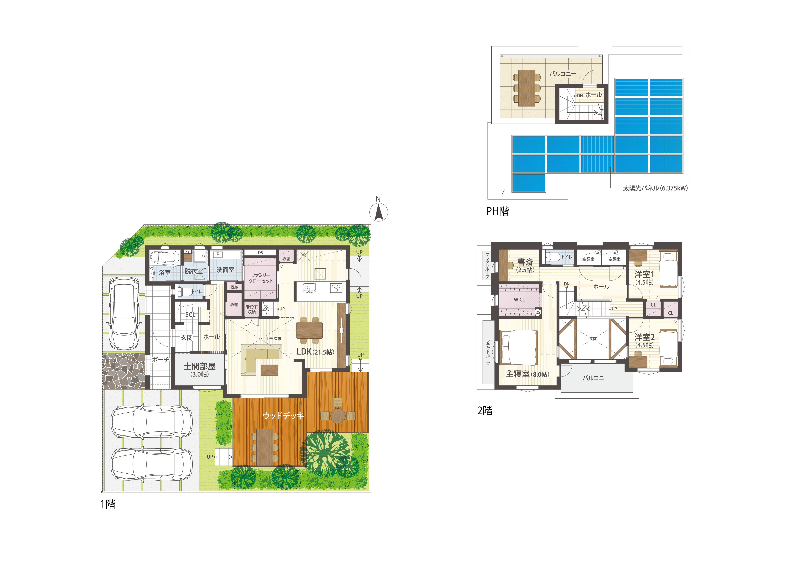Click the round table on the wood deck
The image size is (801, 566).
coord(338,415)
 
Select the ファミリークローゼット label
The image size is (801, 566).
coord(261,278)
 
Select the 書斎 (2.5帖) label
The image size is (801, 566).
coord(525,265)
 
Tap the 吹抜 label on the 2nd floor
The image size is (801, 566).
coord(592,338)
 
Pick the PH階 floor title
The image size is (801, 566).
coord(497,211)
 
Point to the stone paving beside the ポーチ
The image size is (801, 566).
coord(124,371)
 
